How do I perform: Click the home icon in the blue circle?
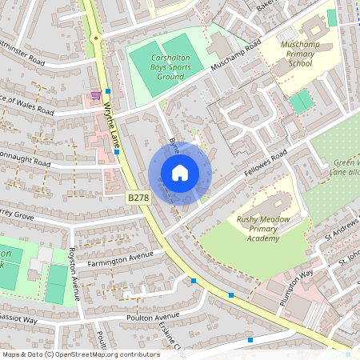pyautogui.click(x=180, y=173)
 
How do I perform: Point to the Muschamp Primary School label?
pyautogui.click(x=301, y=52)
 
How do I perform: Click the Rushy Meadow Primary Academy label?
pyautogui.click(x=263, y=227)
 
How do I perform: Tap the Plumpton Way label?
pyautogui.click(x=296, y=283)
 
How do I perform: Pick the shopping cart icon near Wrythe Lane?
pyautogui.click(x=97, y=94)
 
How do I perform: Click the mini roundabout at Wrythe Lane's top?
pyautogui.click(x=95, y=37)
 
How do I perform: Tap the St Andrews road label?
pyautogui.click(x=336, y=237)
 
